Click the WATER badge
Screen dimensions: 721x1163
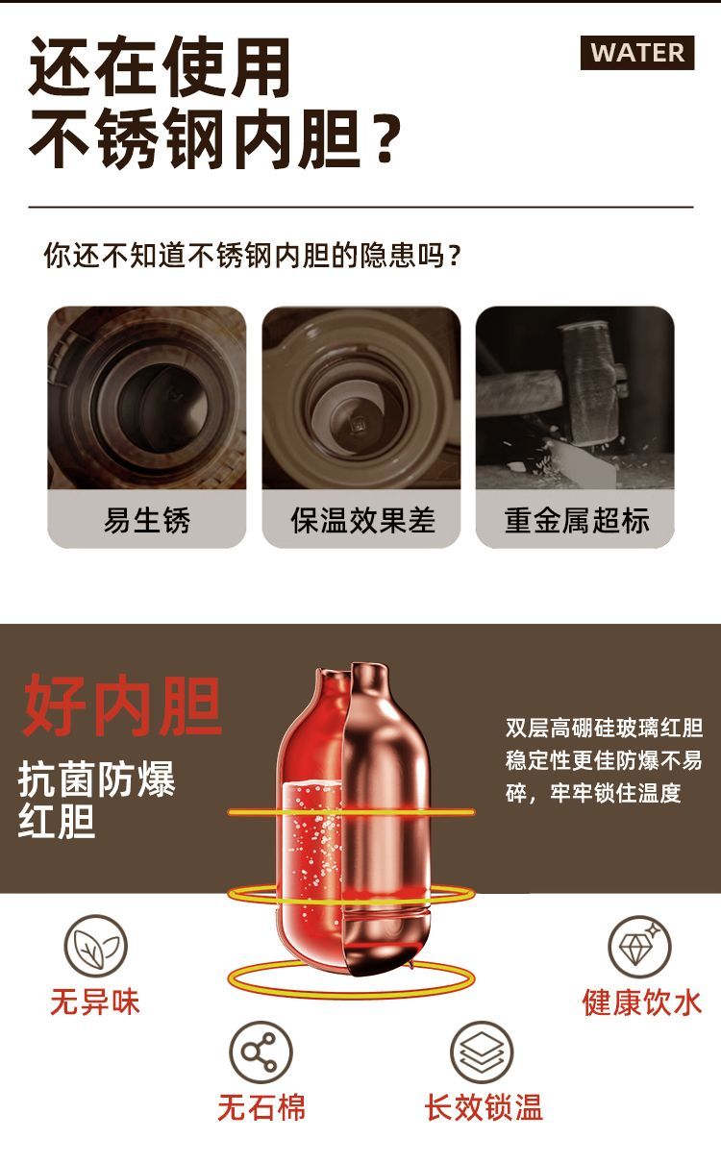637,53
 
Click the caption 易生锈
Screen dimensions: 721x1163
147,520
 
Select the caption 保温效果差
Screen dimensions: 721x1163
362,520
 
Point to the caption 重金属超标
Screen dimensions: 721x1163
576,520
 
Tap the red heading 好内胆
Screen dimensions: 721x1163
123,705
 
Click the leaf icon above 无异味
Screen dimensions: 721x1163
95,947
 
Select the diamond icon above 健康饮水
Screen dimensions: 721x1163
639,947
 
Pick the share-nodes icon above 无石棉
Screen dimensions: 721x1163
261,1052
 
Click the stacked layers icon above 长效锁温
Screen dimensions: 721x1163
482,1052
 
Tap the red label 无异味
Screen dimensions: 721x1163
95,1002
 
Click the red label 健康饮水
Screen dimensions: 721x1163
642,1002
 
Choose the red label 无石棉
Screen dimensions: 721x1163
261,1108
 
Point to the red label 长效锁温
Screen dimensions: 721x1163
484,1108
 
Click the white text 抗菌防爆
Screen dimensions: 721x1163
97,779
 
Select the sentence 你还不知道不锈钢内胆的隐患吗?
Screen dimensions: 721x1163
253,255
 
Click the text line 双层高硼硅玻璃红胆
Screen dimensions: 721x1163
604,728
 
